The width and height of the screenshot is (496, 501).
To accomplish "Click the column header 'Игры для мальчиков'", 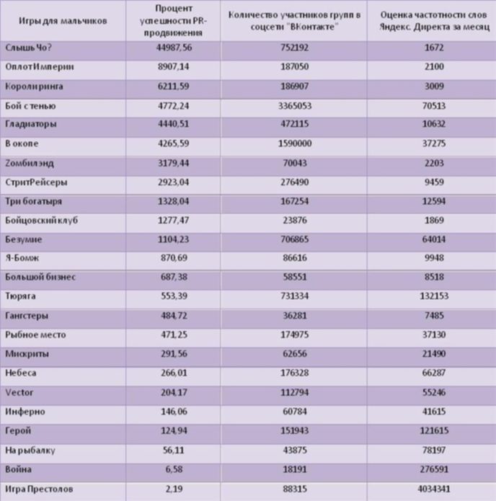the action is coord(63,21).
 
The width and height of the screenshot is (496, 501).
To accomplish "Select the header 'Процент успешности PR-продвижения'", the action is coord(174,21).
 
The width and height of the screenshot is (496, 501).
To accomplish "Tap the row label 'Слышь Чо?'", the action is coord(28,48).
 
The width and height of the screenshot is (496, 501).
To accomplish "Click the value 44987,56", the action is coord(174,48).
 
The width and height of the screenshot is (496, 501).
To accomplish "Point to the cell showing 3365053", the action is coord(295,106).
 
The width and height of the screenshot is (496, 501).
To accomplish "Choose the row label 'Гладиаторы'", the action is coord(31,124).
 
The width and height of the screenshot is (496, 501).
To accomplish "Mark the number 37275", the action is coord(434,143).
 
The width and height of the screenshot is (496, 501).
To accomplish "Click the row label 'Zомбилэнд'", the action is coord(30,163).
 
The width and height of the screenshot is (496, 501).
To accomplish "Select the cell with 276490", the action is coord(295,182).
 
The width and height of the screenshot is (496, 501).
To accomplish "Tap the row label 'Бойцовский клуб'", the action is coord(42,221).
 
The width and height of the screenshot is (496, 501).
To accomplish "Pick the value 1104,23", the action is coord(173,239).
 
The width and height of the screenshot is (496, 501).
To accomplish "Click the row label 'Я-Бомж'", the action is coord(22,258).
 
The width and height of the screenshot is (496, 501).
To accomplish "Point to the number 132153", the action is coord(434,296).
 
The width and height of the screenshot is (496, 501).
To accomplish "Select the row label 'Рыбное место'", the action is coord(35,335).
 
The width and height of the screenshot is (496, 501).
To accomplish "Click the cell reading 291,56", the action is coord(174,354).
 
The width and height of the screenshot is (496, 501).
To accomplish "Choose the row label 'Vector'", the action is coord(19,392).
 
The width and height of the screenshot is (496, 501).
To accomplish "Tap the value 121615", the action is coord(434,430).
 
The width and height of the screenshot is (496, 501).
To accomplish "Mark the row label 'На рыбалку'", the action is coord(30,451).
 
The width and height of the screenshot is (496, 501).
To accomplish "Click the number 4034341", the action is coord(434,489).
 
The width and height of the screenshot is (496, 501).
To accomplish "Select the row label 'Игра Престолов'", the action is coord(39,489).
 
